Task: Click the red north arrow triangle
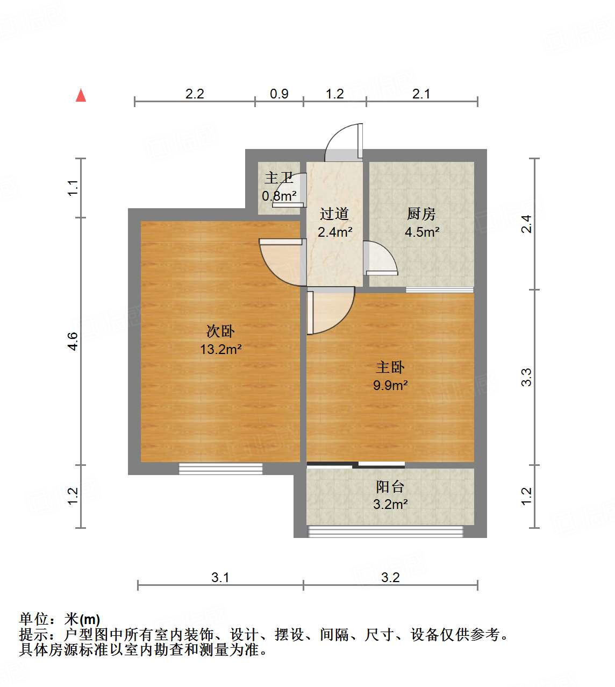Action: pos(81,95)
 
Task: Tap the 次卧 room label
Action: pos(220,331)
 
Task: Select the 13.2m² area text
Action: pos(220,349)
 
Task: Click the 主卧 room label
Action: pos(390,367)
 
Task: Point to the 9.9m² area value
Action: pos(390,385)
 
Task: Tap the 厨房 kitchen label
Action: pos(421,214)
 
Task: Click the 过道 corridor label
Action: pos(334,214)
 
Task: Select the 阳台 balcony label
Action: pos(390,487)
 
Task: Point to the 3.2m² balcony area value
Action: pos(390,504)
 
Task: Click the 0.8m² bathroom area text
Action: pos(279,196)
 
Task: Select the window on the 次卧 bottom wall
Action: pos(220,469)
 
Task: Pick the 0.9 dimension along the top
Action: pos(279,94)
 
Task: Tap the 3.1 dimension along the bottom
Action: pos(220,578)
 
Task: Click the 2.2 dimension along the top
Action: pos(195,94)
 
